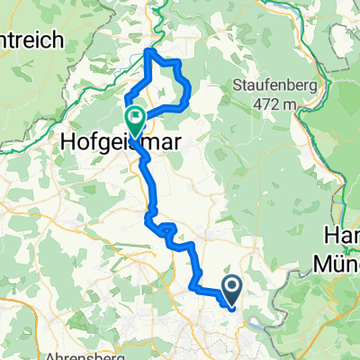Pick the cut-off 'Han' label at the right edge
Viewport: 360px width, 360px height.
point(341,238)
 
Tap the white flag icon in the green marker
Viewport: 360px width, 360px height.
point(135,115)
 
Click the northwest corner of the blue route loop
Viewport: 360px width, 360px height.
point(148,51)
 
